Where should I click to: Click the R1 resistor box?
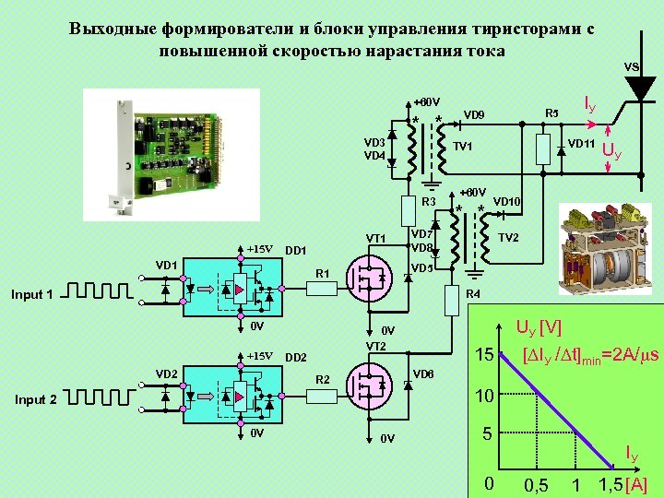pos(322,288)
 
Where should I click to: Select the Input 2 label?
pos(34,400)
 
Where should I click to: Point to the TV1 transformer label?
pos(463,147)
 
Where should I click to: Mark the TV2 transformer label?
pos(509,237)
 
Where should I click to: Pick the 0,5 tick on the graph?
pos(536,485)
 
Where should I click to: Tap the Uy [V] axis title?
pos(539,327)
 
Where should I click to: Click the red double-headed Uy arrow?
pos(609,148)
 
